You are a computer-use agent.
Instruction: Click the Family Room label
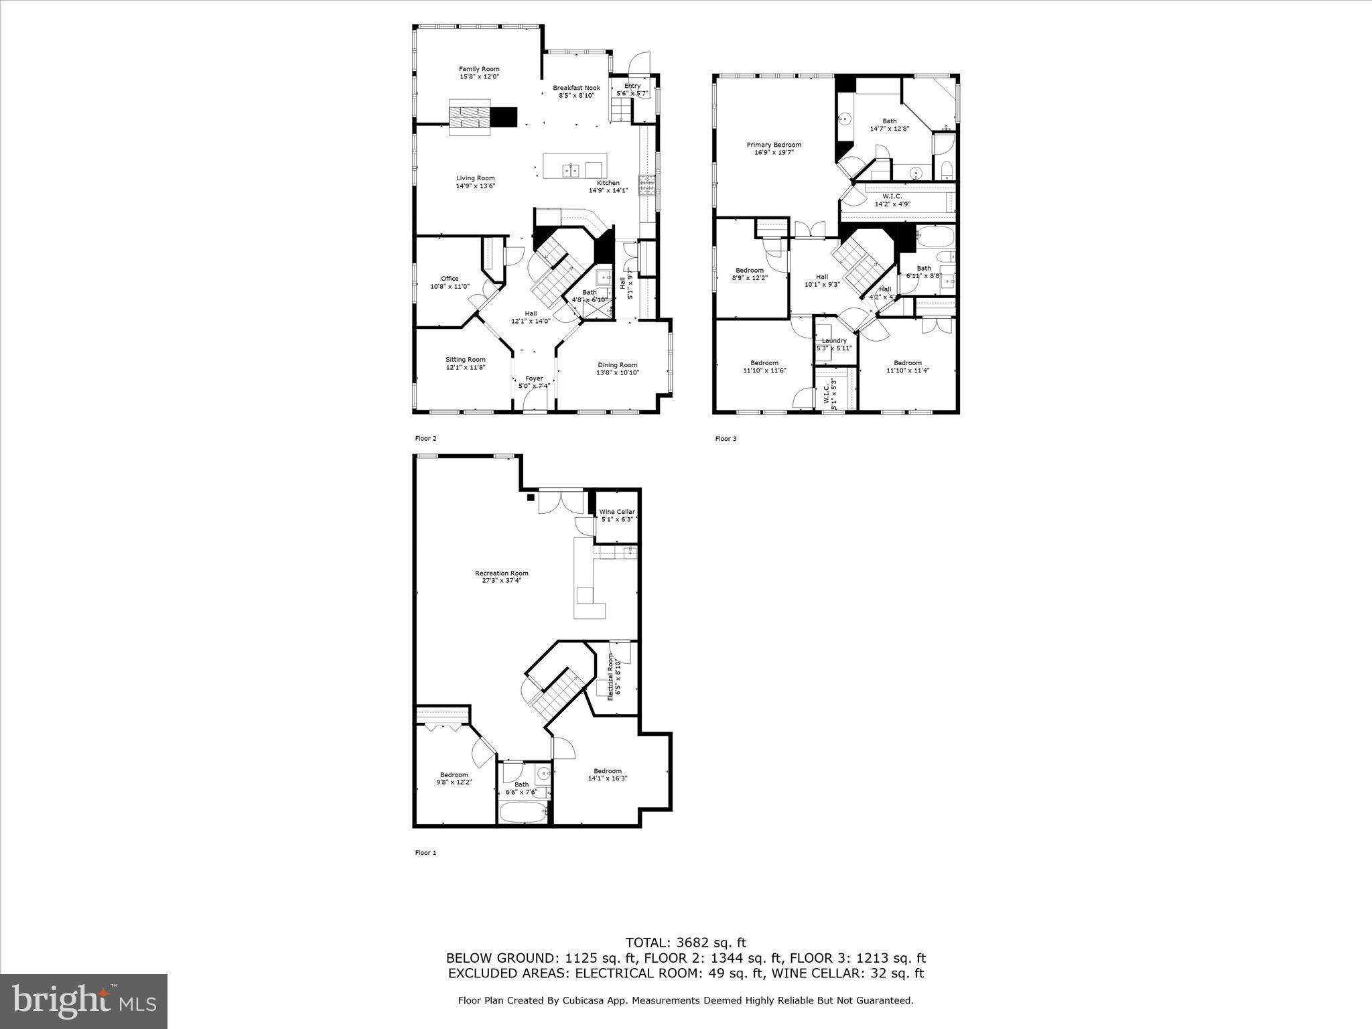[x=479, y=69]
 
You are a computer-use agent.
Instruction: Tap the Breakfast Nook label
[x=576, y=88]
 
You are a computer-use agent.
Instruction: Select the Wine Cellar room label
[x=617, y=512]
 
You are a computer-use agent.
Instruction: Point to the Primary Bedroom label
[x=774, y=145]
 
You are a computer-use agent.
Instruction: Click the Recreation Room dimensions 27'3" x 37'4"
[x=502, y=581]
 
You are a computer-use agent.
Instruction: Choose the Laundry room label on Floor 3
[x=834, y=341]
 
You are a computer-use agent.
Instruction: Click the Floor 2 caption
[x=425, y=439]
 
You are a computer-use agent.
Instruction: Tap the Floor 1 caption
[x=425, y=853]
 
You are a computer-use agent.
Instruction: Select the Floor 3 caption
[x=726, y=439]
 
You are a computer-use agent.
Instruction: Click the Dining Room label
[x=618, y=365]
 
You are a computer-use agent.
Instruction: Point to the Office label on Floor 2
[x=450, y=279]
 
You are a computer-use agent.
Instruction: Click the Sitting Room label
[x=466, y=360]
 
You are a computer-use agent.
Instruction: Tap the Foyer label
[x=534, y=379]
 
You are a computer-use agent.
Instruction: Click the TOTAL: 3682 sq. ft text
[x=685, y=943]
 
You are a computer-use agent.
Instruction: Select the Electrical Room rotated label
[x=610, y=677]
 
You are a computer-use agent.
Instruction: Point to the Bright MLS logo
[x=84, y=1001]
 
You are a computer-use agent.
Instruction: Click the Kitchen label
[x=608, y=183]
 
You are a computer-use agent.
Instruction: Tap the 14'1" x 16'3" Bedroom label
[x=608, y=771]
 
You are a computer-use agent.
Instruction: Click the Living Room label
[x=476, y=178]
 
